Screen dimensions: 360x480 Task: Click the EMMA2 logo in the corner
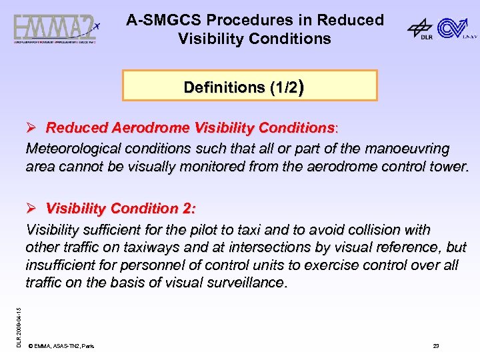[x=56, y=29]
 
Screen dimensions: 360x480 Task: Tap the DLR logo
[x=420, y=29]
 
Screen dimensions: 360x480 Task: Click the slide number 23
[x=436, y=347]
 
